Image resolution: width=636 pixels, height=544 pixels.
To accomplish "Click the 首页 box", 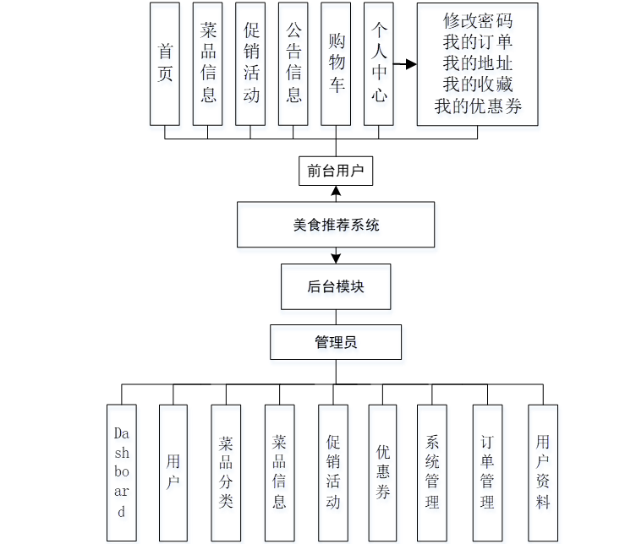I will tap(165, 63).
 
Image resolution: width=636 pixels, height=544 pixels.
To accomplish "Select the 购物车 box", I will tap(336, 63).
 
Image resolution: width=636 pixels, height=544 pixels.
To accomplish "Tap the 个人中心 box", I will tap(379, 63).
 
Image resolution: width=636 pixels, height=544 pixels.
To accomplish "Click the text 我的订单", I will tap(478, 41).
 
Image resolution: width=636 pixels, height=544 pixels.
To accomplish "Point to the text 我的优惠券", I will tap(478, 106).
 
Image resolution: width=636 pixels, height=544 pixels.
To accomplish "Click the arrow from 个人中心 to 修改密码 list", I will tap(406, 64).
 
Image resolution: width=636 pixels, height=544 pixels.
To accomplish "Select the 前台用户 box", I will tap(336, 171).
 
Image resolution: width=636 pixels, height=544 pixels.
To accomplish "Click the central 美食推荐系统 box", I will tap(336, 225).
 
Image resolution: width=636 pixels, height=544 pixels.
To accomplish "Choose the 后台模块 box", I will tap(336, 287).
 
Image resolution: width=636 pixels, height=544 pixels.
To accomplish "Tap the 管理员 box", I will tap(336, 342).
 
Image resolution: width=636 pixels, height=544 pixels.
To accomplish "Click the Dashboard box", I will tap(122, 472).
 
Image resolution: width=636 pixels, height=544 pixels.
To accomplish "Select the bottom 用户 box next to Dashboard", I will tap(173, 472).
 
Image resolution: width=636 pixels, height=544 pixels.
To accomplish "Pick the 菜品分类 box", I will tap(226, 472).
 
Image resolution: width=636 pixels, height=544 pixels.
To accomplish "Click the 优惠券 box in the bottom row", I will tap(382, 472).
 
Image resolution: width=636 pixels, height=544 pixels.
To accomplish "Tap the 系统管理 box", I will tap(432, 472).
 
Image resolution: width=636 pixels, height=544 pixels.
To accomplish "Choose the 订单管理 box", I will tap(487, 472).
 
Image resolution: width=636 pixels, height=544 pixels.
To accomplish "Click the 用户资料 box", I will tap(542, 472).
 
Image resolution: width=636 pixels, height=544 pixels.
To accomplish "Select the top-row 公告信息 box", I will tap(293, 63).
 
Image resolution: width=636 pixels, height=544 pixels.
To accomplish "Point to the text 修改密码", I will tap(478, 20).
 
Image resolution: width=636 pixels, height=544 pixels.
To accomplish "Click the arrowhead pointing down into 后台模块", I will tap(336, 258).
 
